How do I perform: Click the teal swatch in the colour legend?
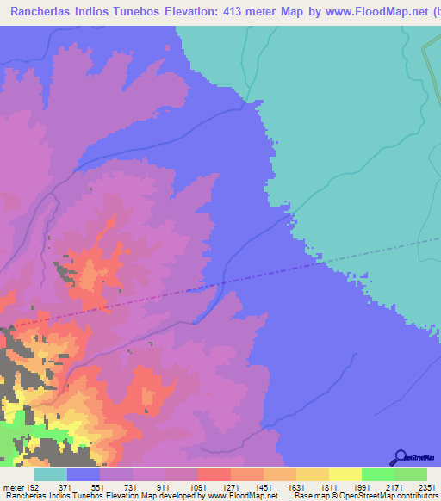(51, 474)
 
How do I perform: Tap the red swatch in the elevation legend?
(214, 474)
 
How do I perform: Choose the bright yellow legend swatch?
(345, 474)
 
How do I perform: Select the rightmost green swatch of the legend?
(411, 474)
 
